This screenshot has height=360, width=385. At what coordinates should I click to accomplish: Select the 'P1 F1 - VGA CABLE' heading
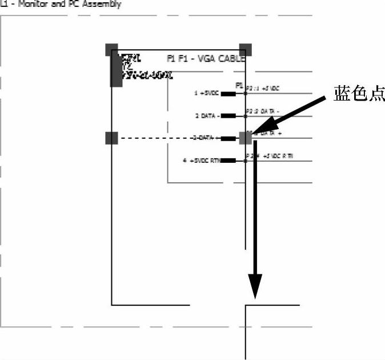tap(206, 58)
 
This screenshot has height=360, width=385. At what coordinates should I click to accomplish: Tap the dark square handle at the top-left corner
tap(112, 49)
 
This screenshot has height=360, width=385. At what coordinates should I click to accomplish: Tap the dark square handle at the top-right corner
tap(246, 49)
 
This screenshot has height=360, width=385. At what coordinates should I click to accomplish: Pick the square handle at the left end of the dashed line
tap(111, 138)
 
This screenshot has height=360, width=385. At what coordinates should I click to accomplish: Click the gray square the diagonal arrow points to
tap(246, 138)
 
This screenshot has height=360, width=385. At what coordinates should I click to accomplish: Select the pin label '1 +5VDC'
tap(207, 93)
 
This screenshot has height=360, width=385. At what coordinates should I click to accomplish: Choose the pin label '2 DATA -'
tap(207, 116)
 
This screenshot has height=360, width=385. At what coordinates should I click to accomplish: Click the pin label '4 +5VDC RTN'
tap(201, 161)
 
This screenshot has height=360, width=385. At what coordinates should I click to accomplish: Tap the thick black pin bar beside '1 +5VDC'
tap(228, 93)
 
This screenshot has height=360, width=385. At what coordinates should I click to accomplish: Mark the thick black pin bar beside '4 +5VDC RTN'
tap(228, 161)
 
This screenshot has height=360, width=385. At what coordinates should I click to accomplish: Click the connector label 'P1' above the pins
tap(239, 85)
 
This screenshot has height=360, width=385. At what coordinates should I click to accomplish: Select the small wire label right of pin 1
tap(263, 89)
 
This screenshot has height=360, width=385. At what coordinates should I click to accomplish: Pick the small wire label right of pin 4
tap(269, 156)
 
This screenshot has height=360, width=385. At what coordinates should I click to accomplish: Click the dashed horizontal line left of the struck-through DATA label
tap(154, 138)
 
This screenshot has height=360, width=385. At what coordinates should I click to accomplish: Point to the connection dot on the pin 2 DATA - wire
tap(246, 116)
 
